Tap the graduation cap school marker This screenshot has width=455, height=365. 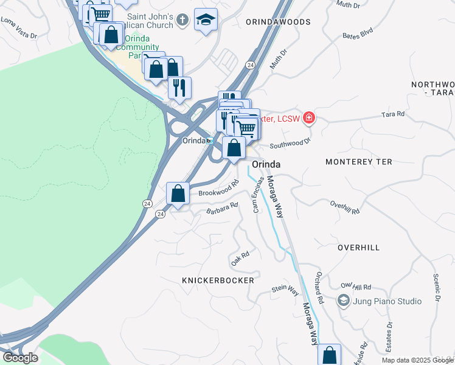[206, 21]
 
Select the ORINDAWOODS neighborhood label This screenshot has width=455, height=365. [278, 22]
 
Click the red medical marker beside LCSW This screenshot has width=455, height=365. [309, 117]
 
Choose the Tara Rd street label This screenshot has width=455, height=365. [392, 114]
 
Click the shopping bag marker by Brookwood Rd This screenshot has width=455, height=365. [178, 194]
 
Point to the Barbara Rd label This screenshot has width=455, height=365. [221, 209]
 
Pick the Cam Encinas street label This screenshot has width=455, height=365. [258, 195]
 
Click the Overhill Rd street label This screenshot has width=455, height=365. [345, 207]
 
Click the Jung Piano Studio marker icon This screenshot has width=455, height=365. [343, 301]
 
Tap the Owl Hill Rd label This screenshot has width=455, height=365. [356, 286]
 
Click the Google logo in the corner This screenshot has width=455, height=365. [19, 358]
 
